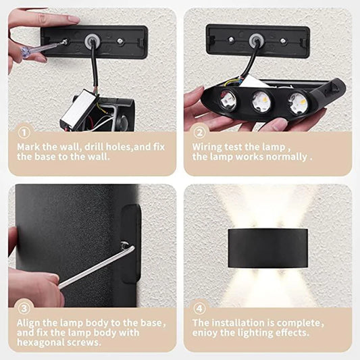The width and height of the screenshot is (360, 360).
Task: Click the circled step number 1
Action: (24, 133)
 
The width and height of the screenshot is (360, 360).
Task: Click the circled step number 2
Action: (199, 133)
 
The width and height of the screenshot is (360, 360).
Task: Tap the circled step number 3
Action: (24, 310)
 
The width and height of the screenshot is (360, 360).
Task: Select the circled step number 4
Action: (199, 310)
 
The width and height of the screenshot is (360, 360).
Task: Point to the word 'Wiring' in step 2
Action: (207, 146)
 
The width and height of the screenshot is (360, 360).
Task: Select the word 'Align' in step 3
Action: (30, 323)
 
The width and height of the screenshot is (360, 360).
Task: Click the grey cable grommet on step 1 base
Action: (90, 38)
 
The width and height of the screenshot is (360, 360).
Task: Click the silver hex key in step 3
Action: (95, 267)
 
